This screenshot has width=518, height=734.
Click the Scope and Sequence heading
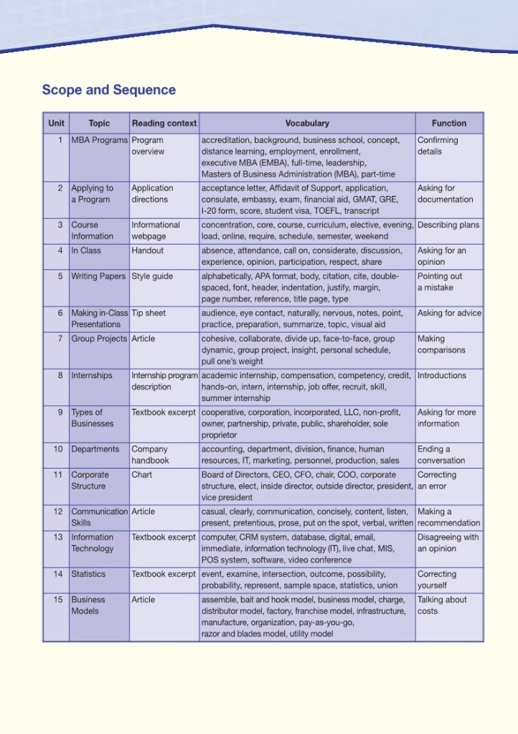(108, 90)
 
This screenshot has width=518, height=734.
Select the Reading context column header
(164, 123)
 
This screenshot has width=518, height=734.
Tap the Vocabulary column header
(307, 123)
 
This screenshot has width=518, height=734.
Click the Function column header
(449, 123)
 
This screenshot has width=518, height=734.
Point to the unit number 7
(60, 339)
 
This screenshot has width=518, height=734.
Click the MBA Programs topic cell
(99, 141)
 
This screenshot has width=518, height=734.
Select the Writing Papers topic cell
(98, 276)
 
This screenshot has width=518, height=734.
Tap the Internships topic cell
(92, 375)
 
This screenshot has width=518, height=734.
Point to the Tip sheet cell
(149, 313)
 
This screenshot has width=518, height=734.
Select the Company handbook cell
(150, 455)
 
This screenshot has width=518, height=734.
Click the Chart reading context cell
(142, 475)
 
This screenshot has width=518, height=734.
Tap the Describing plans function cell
(448, 225)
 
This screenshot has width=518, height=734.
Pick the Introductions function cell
(442, 375)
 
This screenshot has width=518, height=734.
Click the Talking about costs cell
(442, 606)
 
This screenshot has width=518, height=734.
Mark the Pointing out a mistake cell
(440, 282)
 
